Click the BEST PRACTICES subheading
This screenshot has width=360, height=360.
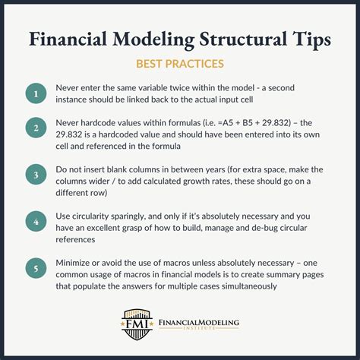tap(180, 65)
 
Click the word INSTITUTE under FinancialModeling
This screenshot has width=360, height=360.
tap(199, 332)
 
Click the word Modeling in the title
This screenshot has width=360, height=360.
tap(155, 39)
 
